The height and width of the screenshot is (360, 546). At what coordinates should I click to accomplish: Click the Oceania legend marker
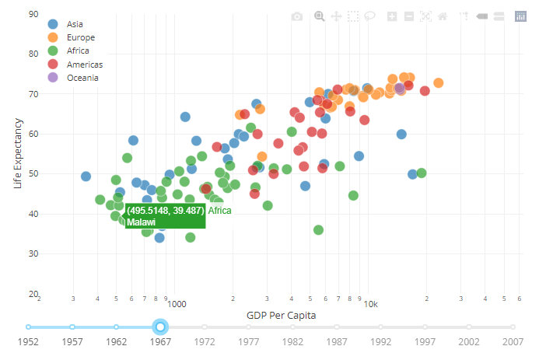coord(53,78)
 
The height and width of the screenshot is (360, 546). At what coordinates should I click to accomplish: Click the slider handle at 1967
coord(160,327)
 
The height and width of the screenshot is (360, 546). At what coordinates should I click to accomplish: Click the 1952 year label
coord(28,341)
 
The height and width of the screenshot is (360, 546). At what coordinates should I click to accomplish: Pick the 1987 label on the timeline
coord(337,341)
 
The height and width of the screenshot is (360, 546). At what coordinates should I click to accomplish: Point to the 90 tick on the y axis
coord(33,14)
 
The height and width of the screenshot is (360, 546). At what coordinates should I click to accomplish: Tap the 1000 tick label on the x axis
coord(177,305)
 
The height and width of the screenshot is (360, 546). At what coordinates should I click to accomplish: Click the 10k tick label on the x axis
coord(371,305)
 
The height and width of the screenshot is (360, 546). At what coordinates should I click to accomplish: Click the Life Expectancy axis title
coord(19,153)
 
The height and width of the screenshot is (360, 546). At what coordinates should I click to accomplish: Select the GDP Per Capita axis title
coord(280,315)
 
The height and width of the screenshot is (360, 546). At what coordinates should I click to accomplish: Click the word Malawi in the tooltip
coord(142,222)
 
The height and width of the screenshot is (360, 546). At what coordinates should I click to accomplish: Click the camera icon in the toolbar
coord(296,16)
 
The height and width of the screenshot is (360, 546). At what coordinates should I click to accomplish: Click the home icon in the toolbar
coord(443,16)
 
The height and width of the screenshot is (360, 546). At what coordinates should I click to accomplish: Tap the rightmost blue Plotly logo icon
coord(520,16)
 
